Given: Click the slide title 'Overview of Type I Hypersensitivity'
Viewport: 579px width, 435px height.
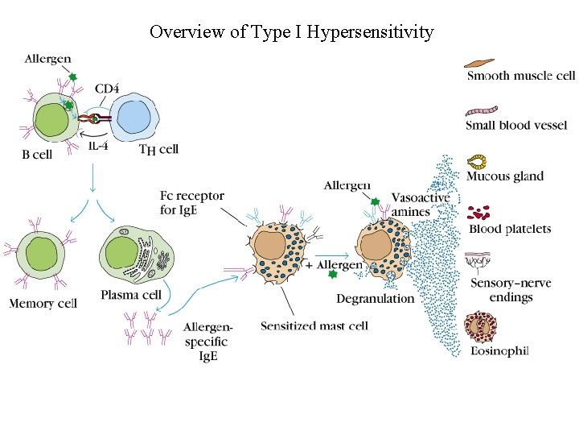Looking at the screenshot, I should click(291, 32).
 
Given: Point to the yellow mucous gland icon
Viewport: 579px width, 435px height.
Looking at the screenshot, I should click(478, 161).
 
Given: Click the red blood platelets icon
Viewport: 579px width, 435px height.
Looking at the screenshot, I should click(479, 213).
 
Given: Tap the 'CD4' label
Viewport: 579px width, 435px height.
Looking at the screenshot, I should click(109, 87).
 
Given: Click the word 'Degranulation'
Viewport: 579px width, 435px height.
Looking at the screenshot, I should click(376, 298).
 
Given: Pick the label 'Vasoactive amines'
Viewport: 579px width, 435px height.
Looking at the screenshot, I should click(420, 205).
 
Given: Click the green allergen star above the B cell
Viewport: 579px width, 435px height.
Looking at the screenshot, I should click(72, 77).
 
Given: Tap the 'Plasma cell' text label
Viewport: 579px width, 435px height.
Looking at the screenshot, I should click(131, 295).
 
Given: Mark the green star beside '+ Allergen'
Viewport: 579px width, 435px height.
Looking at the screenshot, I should click(332, 274).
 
